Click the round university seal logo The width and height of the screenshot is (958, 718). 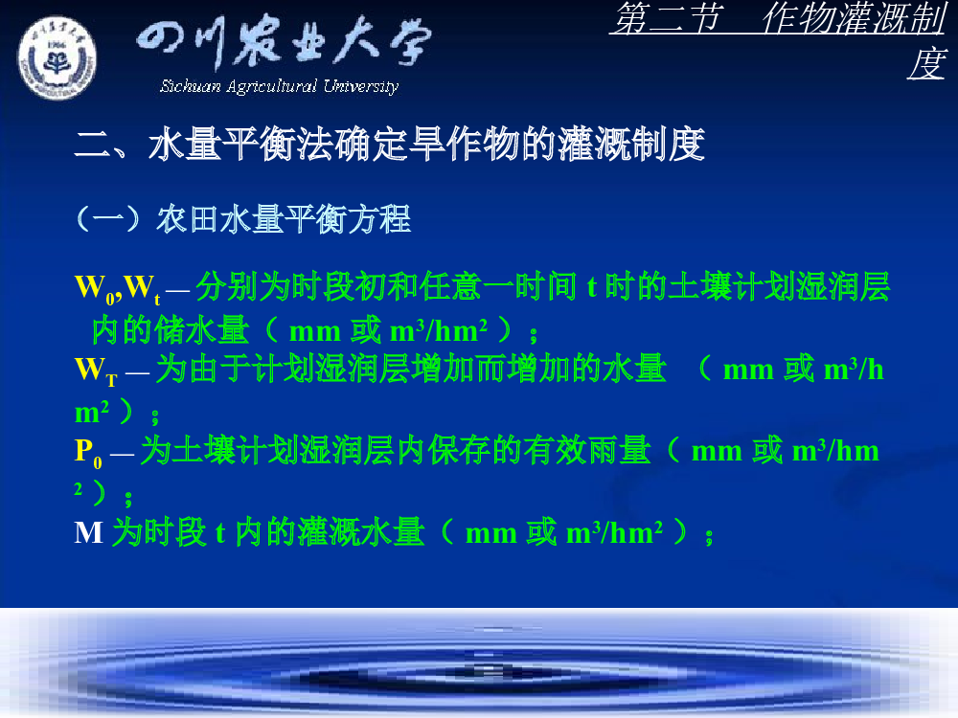pos(57,57)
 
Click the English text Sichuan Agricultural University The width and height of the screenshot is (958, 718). pos(279,86)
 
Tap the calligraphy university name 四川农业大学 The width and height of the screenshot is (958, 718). pos(285,41)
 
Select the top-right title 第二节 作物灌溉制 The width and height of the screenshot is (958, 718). pos(778,17)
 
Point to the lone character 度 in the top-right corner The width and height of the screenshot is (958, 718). pos(926,63)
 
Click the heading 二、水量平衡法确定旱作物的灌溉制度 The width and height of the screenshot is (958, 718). pos(390,145)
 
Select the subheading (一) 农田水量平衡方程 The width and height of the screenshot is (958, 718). pos(243,219)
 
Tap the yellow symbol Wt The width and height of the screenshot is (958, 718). pos(142,287)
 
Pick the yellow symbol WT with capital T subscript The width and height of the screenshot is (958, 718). pos(95,370)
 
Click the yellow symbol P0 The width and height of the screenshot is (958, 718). pos(88,453)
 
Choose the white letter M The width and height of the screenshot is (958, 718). pos(88,532)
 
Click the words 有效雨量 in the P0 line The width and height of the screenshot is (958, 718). pos(586,451)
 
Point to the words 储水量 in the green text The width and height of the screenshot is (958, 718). pos(202,330)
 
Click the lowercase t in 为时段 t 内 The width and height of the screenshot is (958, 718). pos(220,533)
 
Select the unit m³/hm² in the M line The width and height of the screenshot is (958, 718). pos(614,533)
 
